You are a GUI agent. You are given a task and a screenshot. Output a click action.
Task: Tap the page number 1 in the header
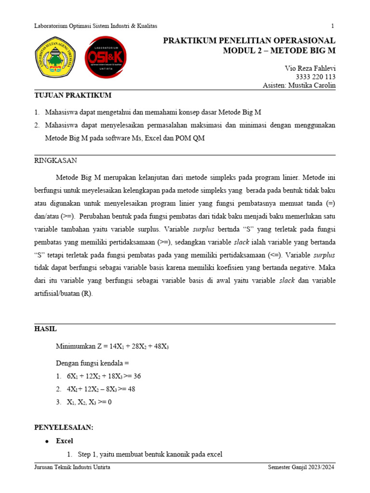coord(332,26)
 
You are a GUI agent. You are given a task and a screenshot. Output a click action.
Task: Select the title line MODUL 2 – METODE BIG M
coord(279,51)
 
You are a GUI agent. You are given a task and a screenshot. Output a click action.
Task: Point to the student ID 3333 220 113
coord(315,77)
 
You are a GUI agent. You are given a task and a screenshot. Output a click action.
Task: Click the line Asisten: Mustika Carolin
coord(299,85)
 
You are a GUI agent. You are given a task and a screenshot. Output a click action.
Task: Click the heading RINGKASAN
coord(55,160)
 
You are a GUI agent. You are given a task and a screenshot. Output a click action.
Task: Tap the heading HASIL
coord(45,328)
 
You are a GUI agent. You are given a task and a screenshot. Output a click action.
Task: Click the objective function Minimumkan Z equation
coord(112,346)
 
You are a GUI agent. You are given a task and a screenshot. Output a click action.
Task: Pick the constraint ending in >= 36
coord(104,376)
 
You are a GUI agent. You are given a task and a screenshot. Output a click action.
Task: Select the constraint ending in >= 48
coord(101,389)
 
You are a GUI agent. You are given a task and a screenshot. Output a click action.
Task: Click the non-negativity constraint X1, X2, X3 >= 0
coord(89,402)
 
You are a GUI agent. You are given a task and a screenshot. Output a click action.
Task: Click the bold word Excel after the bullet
coord(65,441)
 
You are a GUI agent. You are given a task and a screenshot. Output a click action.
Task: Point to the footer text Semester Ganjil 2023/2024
coord(301,467)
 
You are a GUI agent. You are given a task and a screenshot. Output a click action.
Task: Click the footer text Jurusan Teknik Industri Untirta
coord(72,467)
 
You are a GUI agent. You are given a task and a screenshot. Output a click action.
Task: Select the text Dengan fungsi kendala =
coord(93,363)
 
